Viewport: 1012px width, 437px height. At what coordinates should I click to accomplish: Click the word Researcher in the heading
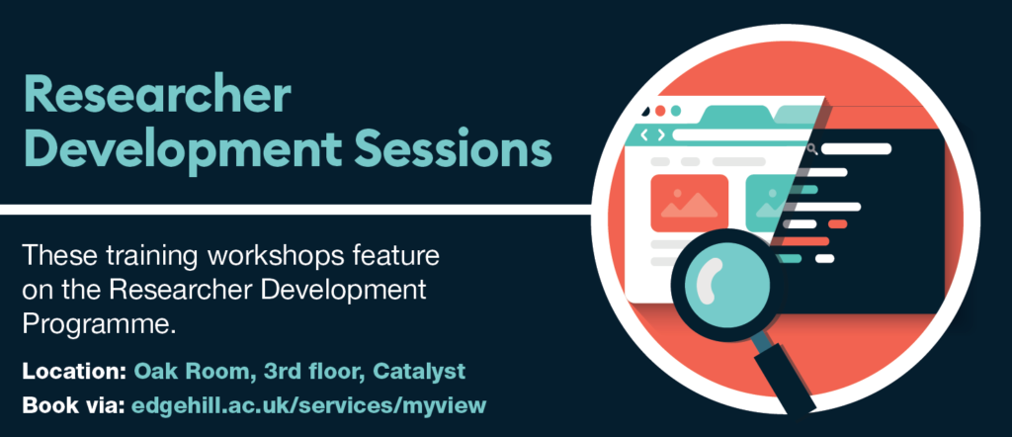[x=156, y=97]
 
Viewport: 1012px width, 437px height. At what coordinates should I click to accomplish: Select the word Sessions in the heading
[x=450, y=151]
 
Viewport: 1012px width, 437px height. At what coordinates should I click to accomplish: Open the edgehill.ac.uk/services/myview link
[x=308, y=404]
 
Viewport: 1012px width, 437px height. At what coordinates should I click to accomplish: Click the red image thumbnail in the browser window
[x=689, y=202]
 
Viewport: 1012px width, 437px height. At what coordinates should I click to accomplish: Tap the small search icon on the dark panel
[x=811, y=149]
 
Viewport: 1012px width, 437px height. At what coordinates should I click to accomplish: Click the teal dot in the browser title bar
[x=676, y=112]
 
